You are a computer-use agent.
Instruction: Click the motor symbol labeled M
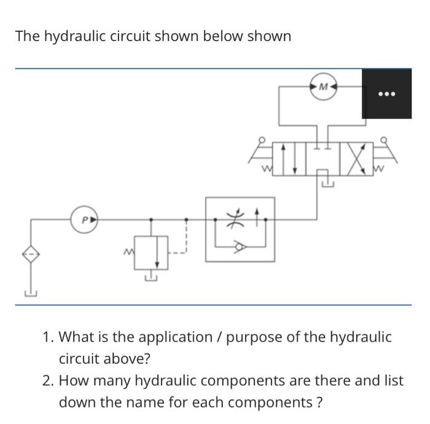(x=324, y=88)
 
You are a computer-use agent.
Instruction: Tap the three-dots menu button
(x=386, y=94)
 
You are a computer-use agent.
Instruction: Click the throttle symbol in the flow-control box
(x=232, y=218)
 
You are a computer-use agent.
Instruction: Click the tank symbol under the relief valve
(x=150, y=278)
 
